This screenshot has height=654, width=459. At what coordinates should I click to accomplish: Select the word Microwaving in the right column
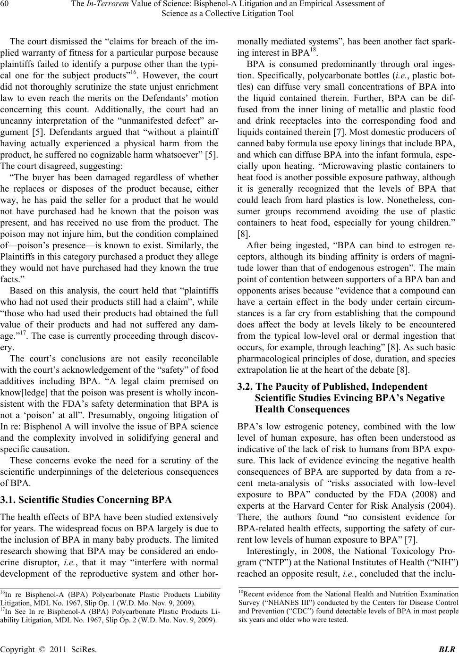click(x=338, y=166)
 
